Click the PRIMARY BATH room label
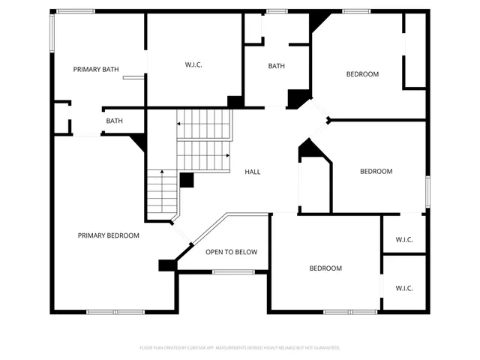point(96,70)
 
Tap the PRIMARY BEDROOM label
point(109,235)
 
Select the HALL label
point(253,172)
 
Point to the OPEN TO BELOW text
point(232,252)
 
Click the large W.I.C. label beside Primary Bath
point(193,65)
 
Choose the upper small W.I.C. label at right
point(404,240)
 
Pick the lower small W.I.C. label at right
point(404,288)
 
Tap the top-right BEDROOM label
point(362,74)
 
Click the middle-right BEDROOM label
point(376,172)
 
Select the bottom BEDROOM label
point(325,268)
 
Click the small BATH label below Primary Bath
point(114,121)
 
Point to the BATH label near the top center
point(277,66)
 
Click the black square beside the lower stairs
point(187,180)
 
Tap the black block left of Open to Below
point(166,265)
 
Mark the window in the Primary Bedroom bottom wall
point(115,311)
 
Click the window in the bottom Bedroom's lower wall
point(350,311)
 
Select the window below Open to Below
point(231,271)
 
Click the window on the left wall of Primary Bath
point(52,34)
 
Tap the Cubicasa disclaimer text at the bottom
point(240,348)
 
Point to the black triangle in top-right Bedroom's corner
point(319,21)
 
